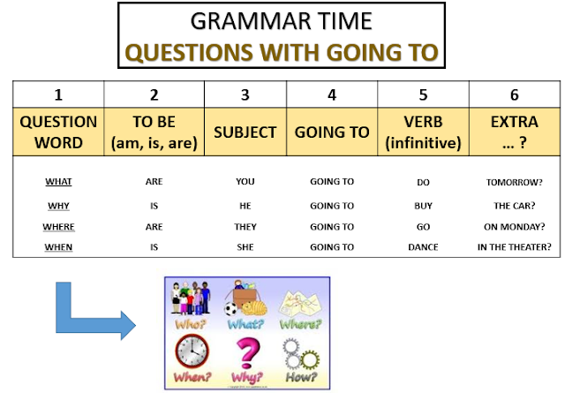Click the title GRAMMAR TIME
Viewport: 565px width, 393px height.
[x=282, y=21]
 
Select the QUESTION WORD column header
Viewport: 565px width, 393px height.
[x=58, y=131]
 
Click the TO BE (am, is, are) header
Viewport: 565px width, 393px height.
[x=154, y=131]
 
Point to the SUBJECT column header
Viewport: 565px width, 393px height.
[x=245, y=132]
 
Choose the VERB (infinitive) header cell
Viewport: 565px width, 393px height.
[x=423, y=131]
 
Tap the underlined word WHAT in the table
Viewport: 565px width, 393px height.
[x=58, y=182]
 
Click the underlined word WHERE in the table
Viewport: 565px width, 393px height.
[x=58, y=226]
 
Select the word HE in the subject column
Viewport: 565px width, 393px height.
[x=245, y=205]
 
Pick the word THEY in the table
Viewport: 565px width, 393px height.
[x=245, y=226]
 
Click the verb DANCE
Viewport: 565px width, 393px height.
[x=423, y=247]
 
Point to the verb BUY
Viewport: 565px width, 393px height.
[x=423, y=205]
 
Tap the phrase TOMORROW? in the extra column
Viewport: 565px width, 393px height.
[x=515, y=182]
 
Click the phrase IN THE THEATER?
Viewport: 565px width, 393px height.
[x=515, y=247]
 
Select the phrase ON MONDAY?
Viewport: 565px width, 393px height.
[x=515, y=226]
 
